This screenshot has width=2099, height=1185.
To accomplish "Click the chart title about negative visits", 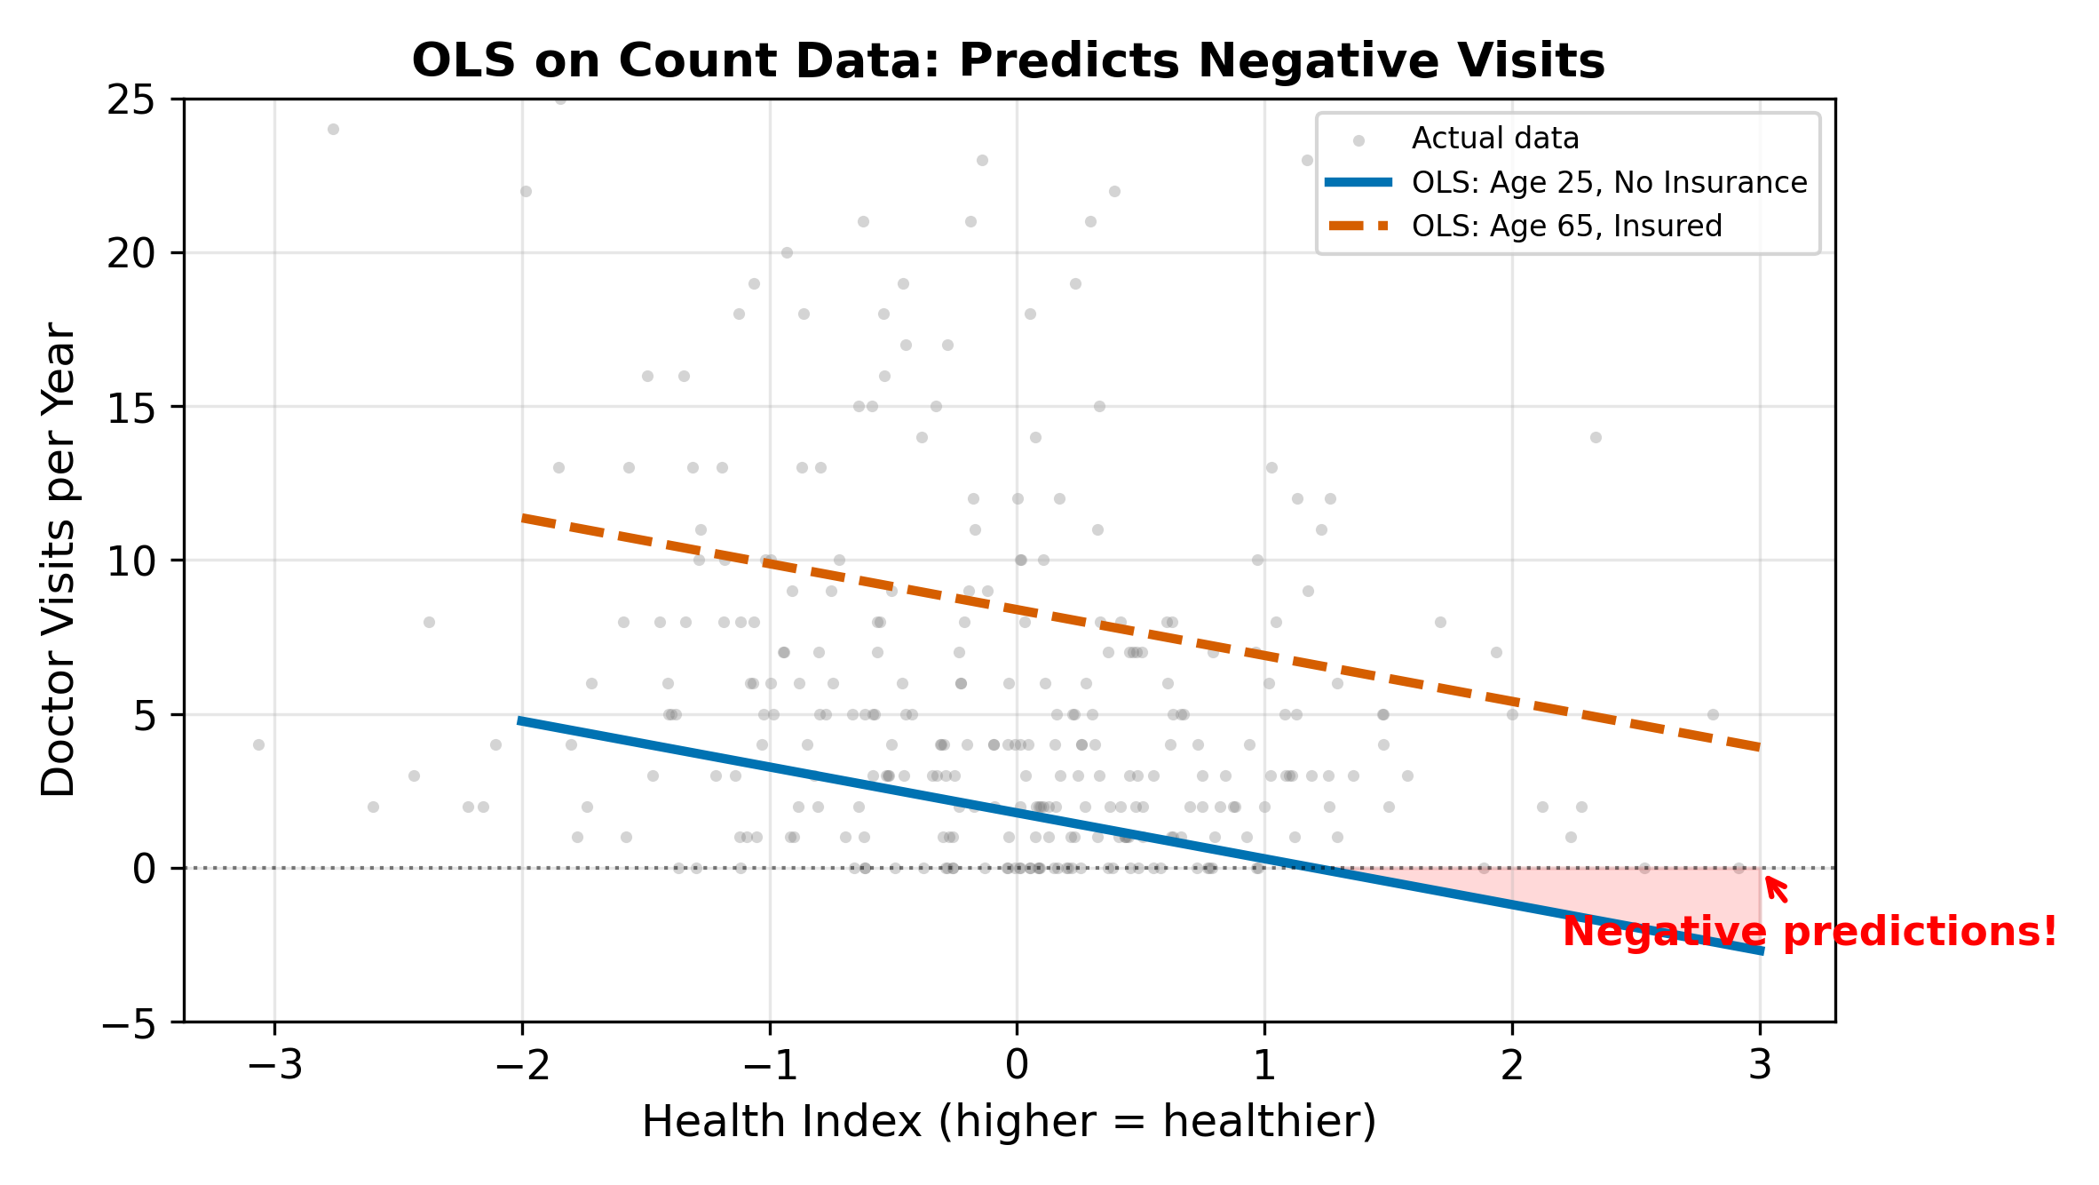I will pyautogui.click(x=1008, y=61).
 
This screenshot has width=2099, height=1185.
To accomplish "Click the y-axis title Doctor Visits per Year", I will pyautogui.click(x=59, y=560).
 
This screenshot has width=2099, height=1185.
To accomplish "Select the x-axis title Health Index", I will pyautogui.click(x=1009, y=1121).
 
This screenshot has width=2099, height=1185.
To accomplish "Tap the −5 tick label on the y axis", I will pyautogui.click(x=130, y=1024).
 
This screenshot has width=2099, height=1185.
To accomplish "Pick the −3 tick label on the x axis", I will pyautogui.click(x=274, y=1065).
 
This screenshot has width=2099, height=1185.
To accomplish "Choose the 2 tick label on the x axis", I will pyautogui.click(x=1512, y=1065).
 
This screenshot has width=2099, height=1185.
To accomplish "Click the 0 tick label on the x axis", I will pyautogui.click(x=1017, y=1065).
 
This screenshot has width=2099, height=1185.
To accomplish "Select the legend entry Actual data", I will pyautogui.click(x=1495, y=139).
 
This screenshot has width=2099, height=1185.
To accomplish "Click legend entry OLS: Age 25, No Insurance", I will pyautogui.click(x=1609, y=182).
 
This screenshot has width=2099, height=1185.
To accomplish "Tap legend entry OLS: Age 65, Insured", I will pyautogui.click(x=1566, y=226).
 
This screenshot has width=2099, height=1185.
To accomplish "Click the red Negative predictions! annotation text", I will pyautogui.click(x=1810, y=931).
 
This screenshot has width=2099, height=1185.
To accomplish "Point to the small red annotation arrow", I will pyautogui.click(x=1776, y=889).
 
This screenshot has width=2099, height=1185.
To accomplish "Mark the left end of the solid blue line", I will pyautogui.click(x=522, y=721).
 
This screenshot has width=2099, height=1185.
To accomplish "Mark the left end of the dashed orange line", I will pyautogui.click(x=524, y=518).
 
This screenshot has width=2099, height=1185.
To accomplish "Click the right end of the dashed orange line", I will pyautogui.click(x=1759, y=748).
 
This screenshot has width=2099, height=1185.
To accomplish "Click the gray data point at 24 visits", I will pyautogui.click(x=333, y=130).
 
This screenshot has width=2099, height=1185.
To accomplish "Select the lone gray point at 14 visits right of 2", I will pyautogui.click(x=1596, y=437).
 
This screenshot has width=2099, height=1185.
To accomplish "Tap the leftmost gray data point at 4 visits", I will pyautogui.click(x=258, y=744).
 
